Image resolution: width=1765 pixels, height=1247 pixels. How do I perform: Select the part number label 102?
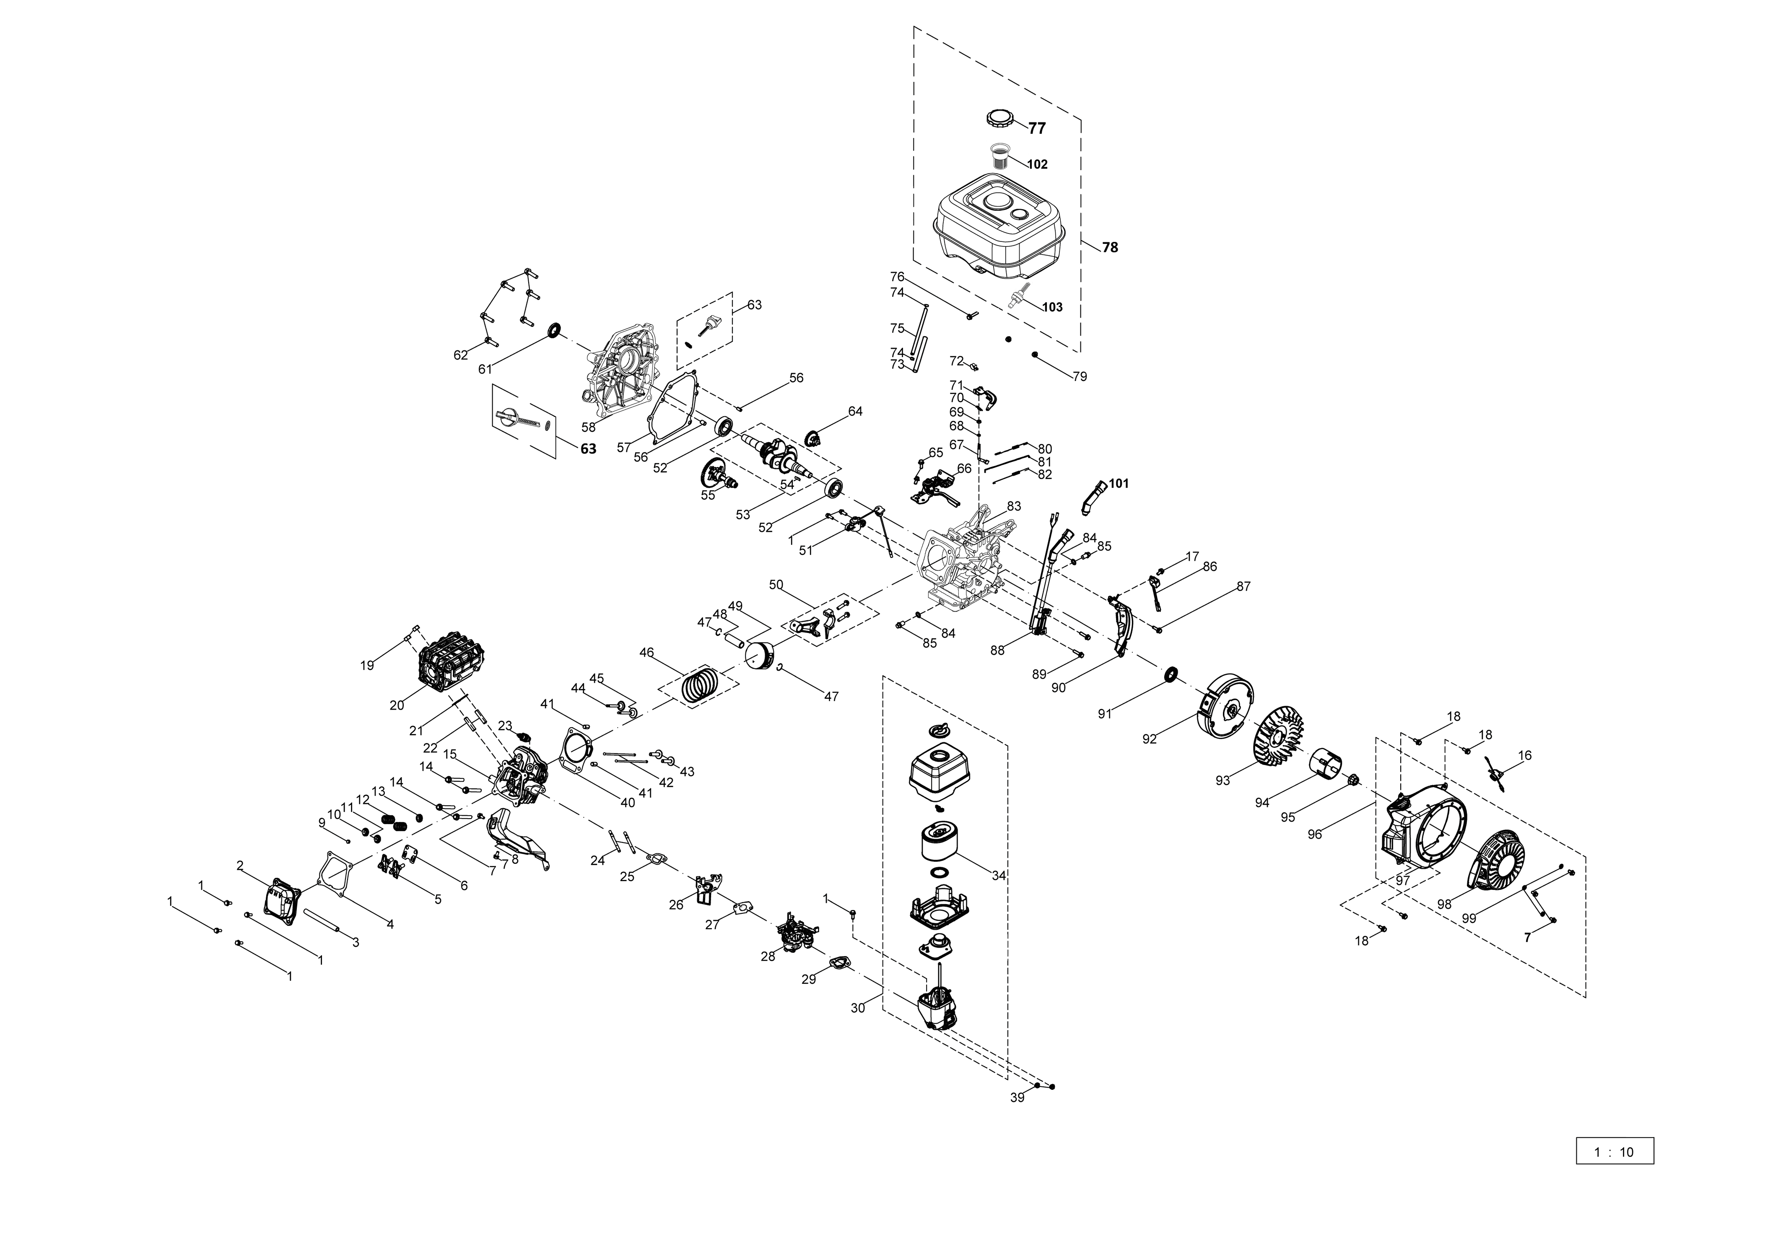click(x=1037, y=165)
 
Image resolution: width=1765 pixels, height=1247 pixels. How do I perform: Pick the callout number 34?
click(x=999, y=876)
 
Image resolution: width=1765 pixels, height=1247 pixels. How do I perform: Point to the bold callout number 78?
click(x=1110, y=248)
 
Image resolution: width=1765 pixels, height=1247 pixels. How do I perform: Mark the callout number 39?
click(x=1017, y=1098)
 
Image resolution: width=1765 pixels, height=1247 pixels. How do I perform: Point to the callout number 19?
click(x=367, y=665)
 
